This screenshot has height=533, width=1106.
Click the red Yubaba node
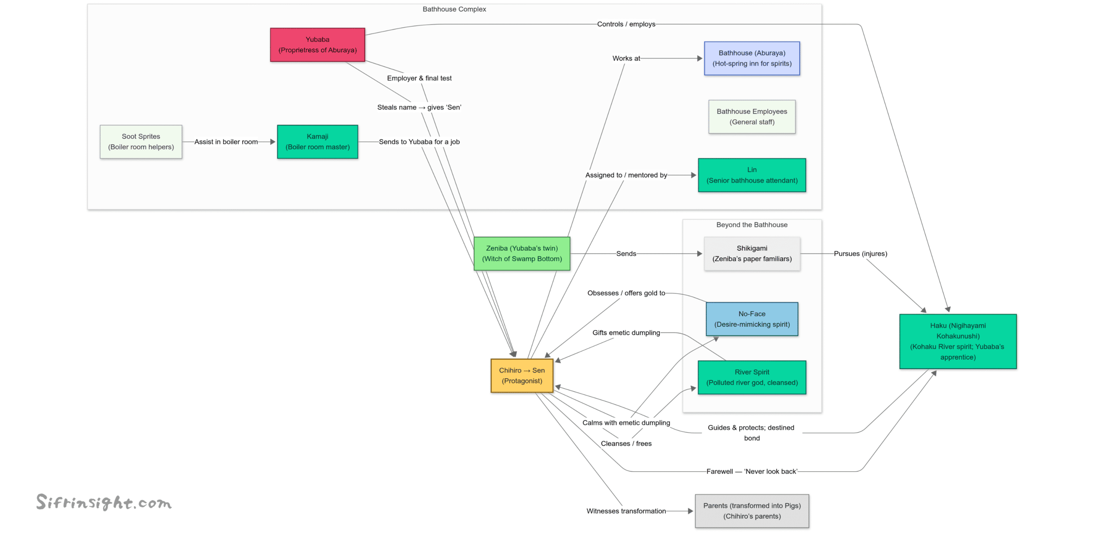click(317, 45)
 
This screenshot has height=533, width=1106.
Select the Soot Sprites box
click(141, 142)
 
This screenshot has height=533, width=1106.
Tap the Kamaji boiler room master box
click(317, 142)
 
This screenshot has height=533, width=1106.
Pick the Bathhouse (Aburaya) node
click(751, 58)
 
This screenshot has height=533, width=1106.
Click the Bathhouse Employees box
click(751, 117)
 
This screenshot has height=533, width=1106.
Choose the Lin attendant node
click(751, 175)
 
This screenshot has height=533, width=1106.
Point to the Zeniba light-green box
click(521, 254)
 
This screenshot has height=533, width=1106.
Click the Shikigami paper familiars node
click(751, 254)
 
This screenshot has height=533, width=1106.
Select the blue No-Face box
click(751, 319)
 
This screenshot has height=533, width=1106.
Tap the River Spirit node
click(751, 377)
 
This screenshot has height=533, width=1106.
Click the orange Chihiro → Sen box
click(521, 376)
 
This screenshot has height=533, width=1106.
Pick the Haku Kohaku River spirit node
click(957, 342)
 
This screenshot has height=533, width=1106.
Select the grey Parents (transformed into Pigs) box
click(751, 511)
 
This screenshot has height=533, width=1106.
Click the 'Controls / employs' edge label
click(626, 24)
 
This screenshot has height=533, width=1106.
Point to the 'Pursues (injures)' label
click(860, 254)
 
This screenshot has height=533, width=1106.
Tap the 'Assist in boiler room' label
click(226, 142)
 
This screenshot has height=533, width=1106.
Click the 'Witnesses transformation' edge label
click(626, 511)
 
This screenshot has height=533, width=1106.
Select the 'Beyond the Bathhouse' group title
click(751, 225)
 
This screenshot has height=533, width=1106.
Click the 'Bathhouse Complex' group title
click(454, 9)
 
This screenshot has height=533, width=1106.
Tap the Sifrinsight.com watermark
click(104, 502)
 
